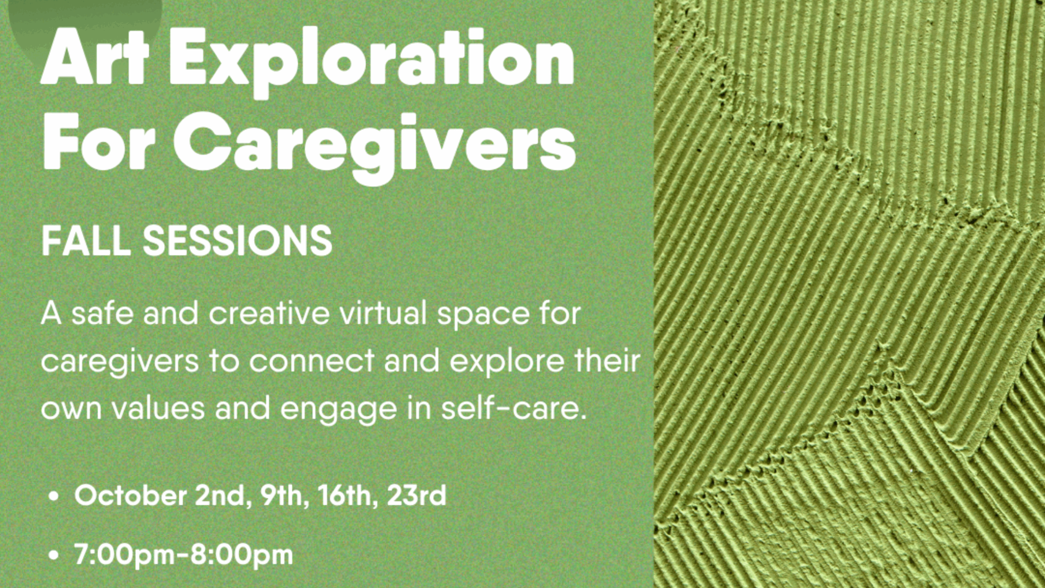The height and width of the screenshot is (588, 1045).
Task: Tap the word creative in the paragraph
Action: [x=269, y=314]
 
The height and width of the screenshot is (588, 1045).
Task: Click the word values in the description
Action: [x=158, y=408]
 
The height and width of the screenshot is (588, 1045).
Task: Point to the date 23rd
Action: [x=416, y=496]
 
